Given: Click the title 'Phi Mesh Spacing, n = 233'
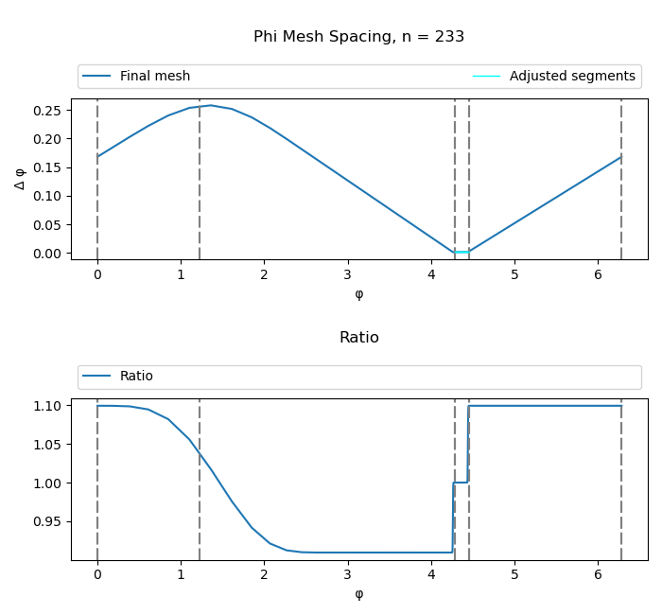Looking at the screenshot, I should pyautogui.click(x=358, y=37).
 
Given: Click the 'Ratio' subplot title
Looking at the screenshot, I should pyautogui.click(x=358, y=338).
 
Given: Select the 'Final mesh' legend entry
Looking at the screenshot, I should pyautogui.click(x=154, y=77).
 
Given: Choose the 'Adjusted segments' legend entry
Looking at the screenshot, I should pyautogui.click(x=571, y=77).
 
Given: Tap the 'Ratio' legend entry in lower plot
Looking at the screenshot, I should pyautogui.click(x=136, y=377).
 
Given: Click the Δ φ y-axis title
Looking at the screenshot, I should pyautogui.click(x=21, y=179).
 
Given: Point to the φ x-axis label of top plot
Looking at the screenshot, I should pyautogui.click(x=358, y=294).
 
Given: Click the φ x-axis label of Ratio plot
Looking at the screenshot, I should pyautogui.click(x=358, y=594).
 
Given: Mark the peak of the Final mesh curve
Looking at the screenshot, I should pyautogui.click(x=210, y=105).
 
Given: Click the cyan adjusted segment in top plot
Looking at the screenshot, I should pyautogui.click(x=462, y=252).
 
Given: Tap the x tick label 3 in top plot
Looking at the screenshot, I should pyautogui.click(x=348, y=275).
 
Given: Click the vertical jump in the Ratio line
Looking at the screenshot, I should pyautogui.click(x=468, y=445).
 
